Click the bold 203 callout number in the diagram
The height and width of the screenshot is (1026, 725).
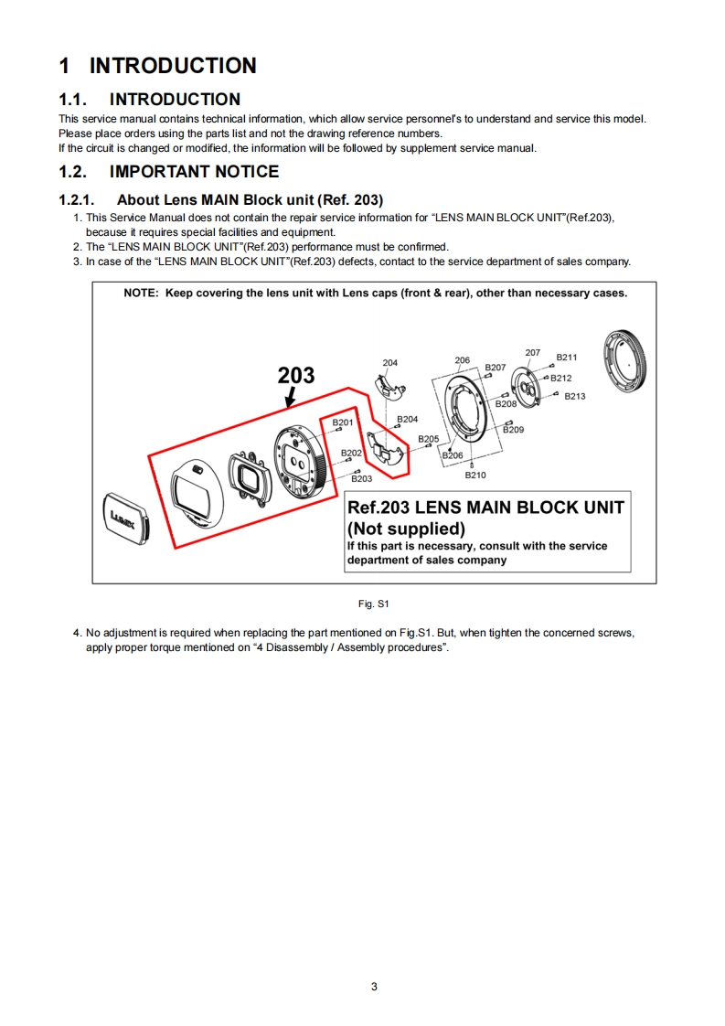296,375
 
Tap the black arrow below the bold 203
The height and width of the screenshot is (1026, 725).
290,396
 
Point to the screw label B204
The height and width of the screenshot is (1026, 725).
407,419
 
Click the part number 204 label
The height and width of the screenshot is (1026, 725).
389,363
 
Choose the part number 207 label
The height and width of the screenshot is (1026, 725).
533,353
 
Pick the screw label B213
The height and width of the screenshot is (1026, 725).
575,396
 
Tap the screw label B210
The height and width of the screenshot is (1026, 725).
475,475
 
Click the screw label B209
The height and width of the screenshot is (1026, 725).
513,429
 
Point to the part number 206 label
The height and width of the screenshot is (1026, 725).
462,360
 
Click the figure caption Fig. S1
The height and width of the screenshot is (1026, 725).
374,604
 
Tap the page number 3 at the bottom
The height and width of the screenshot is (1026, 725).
374,986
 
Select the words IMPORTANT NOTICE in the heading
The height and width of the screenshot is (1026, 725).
194,171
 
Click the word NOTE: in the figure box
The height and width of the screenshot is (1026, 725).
141,294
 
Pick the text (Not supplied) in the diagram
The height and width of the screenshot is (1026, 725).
406,529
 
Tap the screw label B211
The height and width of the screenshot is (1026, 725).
567,358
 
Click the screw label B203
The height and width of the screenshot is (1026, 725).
362,478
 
